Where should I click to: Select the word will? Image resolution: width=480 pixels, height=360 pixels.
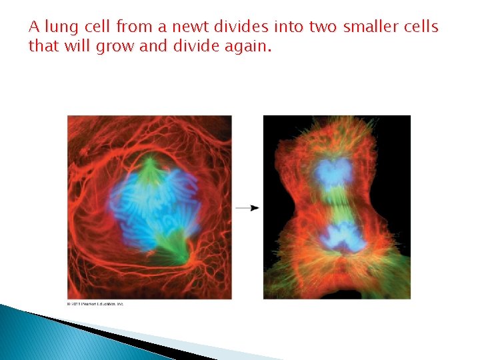click(x=79, y=47)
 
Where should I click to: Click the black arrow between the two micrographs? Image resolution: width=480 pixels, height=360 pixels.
click(x=247, y=208)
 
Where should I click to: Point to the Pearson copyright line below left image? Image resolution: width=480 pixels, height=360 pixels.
click(x=95, y=304)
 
